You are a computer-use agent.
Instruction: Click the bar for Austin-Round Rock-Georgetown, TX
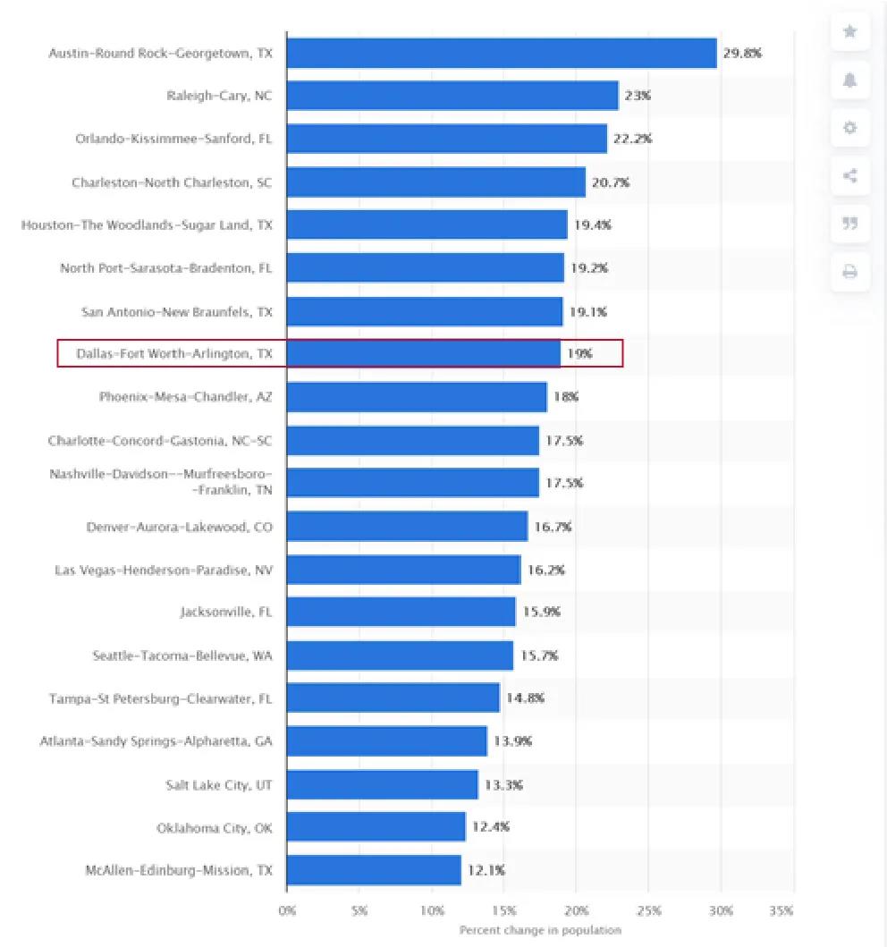(501, 53)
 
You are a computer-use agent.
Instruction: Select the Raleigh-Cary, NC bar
(452, 96)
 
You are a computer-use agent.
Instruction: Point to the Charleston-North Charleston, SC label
(172, 182)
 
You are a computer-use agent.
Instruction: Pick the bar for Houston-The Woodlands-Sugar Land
(427, 224)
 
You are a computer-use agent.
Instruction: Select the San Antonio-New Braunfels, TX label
(177, 311)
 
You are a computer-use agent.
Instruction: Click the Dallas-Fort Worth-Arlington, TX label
(173, 354)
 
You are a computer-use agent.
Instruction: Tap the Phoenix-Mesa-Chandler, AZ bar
(416, 397)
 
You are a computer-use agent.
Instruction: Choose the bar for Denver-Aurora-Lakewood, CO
(407, 527)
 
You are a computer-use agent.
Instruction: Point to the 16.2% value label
(545, 570)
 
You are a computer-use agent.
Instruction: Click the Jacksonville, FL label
(226, 613)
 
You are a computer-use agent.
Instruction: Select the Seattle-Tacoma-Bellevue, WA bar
(400, 655)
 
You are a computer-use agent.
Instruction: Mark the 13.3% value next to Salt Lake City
(503, 785)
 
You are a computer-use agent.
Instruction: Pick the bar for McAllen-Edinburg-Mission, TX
(374, 870)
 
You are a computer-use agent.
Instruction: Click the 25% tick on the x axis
(649, 910)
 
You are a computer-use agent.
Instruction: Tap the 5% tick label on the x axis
(359, 910)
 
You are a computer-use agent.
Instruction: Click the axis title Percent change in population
(540, 930)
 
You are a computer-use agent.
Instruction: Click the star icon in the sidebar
(849, 32)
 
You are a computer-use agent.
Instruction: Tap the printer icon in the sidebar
(849, 272)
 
